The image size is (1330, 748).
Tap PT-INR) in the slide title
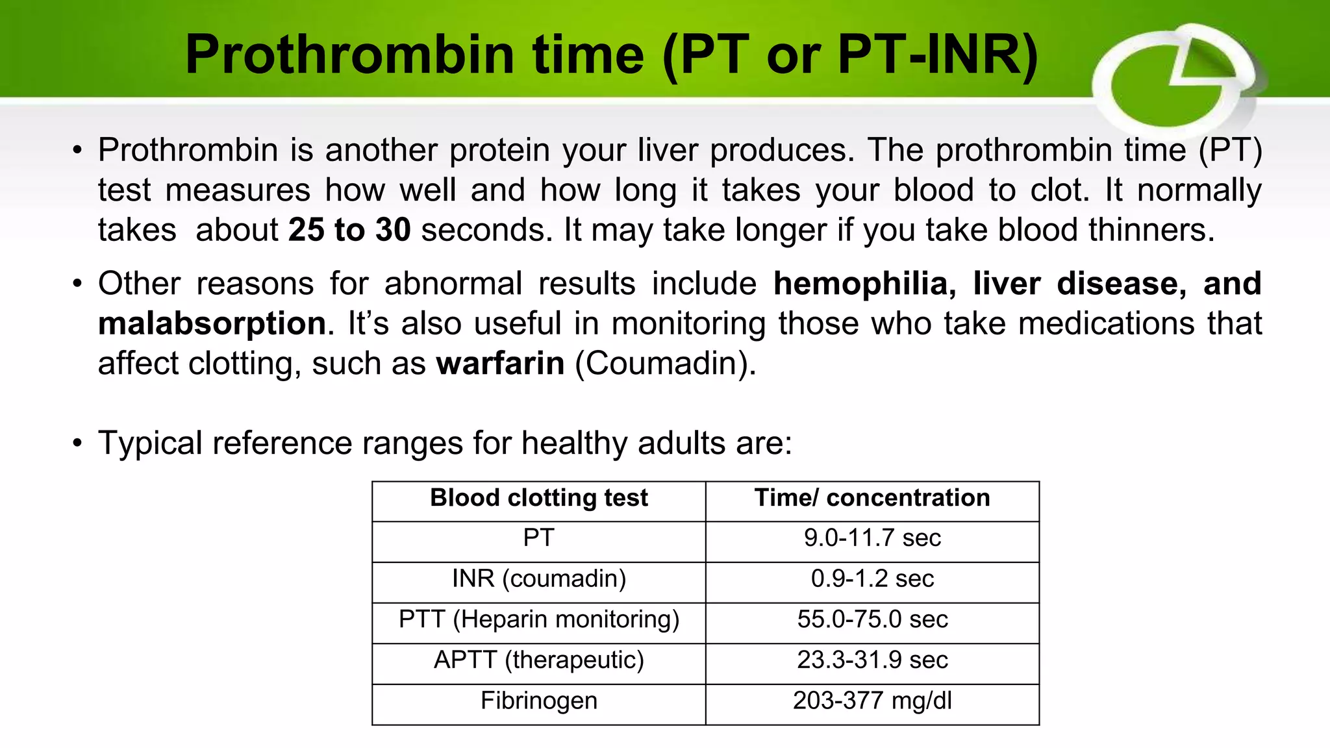[x=938, y=55]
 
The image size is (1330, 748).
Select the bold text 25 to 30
[x=349, y=230]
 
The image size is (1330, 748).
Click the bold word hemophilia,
[x=864, y=284]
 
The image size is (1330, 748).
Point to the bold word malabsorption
[x=212, y=323]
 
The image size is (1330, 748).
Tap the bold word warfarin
[x=500, y=364]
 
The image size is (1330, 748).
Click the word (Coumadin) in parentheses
[x=665, y=364]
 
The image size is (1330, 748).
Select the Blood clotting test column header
[x=538, y=498]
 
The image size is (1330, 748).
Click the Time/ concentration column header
[x=872, y=498]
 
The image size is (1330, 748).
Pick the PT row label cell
[x=538, y=538]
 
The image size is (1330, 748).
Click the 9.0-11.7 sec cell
[x=872, y=538]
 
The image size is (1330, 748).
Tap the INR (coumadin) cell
[x=538, y=579]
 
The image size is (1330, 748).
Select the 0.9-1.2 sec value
[x=872, y=579]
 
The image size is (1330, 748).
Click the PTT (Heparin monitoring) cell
[x=538, y=619]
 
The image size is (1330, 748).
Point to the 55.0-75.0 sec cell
[x=872, y=619]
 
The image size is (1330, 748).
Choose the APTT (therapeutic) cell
[x=538, y=660]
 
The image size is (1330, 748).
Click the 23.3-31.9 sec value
[x=872, y=660]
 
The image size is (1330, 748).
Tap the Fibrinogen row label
[x=538, y=701]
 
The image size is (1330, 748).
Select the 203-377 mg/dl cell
[x=872, y=701]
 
